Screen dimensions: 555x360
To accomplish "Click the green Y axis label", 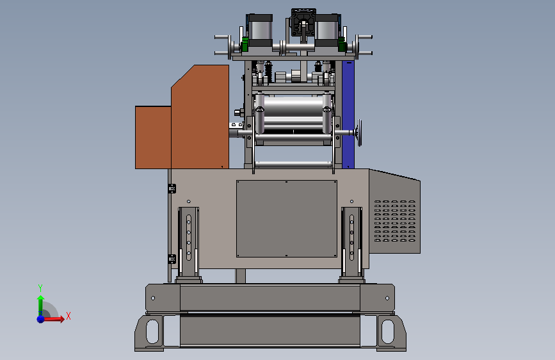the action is (x=40, y=288).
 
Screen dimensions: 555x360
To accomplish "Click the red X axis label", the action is (x=68, y=316).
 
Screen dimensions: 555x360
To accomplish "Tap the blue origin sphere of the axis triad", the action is (x=41, y=319).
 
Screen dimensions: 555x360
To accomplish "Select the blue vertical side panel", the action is (x=348, y=115).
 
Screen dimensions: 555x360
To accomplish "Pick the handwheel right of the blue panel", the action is (x=360, y=133).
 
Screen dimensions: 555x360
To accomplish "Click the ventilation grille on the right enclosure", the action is (x=395, y=221).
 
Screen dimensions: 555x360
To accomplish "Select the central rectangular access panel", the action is (x=287, y=218).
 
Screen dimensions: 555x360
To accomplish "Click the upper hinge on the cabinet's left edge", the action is (x=172, y=188).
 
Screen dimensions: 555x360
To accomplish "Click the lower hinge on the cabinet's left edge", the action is (x=172, y=259).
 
